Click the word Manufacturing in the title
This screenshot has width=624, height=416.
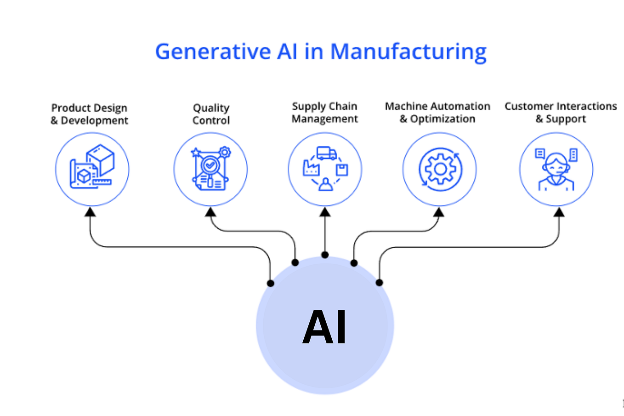pyautogui.click(x=408, y=51)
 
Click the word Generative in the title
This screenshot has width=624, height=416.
pyautogui.click(x=212, y=51)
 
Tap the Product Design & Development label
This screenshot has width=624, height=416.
pyautogui.click(x=89, y=114)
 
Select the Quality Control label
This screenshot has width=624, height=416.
pyautogui.click(x=211, y=114)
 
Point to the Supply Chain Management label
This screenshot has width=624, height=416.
pyautogui.click(x=325, y=113)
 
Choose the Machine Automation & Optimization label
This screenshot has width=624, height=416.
pyautogui.click(x=437, y=113)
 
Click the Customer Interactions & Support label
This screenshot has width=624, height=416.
pyautogui.click(x=561, y=113)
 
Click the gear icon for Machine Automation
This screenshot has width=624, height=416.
pyautogui.click(x=440, y=169)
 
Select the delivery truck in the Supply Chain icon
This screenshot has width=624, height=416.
pyautogui.click(x=326, y=153)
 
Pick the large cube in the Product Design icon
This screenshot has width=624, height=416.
pyautogui.click(x=101, y=159)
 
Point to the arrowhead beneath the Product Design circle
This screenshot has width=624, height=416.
pyautogui.click(x=91, y=212)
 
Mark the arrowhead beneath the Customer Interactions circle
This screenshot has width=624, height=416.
pyautogui.click(x=559, y=212)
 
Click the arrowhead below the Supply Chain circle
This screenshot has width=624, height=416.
pyautogui.click(x=325, y=212)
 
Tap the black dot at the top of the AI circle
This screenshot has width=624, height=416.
pyautogui.click(x=325, y=255)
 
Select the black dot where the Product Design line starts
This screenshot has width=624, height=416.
pyautogui.click(x=271, y=283)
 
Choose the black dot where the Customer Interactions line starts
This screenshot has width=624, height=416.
pyautogui.click(x=379, y=282)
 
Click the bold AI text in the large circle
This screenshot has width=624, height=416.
pyautogui.click(x=324, y=327)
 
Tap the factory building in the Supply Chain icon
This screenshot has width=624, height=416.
pyautogui.click(x=311, y=168)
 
